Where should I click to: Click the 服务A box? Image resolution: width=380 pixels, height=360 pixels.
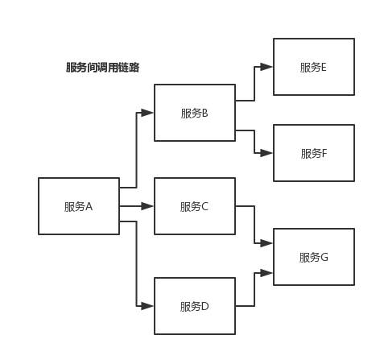coord(79,206)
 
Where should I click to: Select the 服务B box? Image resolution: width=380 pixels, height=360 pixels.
coord(195,112)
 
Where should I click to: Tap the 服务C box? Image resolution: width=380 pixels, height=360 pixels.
coord(195,206)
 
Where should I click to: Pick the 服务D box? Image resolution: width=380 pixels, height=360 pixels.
coord(195,306)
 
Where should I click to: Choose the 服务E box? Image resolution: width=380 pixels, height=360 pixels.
coord(314,67)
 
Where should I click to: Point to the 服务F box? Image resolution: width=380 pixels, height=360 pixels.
coord(314,152)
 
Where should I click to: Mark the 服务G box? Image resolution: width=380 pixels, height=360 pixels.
coord(314,257)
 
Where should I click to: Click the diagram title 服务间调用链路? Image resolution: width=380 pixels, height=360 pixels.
coord(102,68)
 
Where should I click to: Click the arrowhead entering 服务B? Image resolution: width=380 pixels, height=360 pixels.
coord(148,112)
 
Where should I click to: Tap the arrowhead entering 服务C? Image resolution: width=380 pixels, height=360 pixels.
coord(148,206)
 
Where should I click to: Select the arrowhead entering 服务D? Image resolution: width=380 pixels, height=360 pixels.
coord(148,306)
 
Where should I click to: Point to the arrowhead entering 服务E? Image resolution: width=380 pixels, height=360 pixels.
coord(267,68)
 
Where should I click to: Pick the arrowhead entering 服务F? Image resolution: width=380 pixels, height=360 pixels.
coord(267,152)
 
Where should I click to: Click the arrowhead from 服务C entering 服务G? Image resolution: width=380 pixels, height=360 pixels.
coord(267,242)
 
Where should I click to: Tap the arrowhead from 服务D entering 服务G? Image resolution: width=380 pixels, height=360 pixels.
coord(267,274)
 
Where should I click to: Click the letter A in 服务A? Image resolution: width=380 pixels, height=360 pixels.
coord(89,206)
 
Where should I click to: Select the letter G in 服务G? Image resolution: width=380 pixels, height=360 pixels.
coord(324,257)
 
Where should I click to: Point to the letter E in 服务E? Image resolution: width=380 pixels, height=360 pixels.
coord(324,67)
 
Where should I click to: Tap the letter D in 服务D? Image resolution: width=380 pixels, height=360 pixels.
coord(205,306)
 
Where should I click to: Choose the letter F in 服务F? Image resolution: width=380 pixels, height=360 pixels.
coord(324,152)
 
